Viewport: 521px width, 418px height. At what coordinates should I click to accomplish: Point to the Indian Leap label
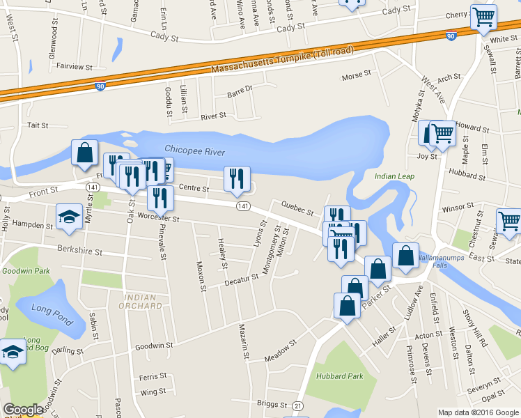[394, 176]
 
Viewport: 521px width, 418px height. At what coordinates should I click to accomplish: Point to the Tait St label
[37, 125]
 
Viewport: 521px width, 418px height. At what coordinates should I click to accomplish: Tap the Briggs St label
[272, 404]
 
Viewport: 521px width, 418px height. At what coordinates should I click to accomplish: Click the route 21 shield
[297, 405]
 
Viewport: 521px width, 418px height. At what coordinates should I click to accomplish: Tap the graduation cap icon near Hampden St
[69, 217]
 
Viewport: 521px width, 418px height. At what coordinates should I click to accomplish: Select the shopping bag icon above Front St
[84, 153]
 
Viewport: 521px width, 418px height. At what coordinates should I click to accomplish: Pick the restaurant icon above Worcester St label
[161, 197]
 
